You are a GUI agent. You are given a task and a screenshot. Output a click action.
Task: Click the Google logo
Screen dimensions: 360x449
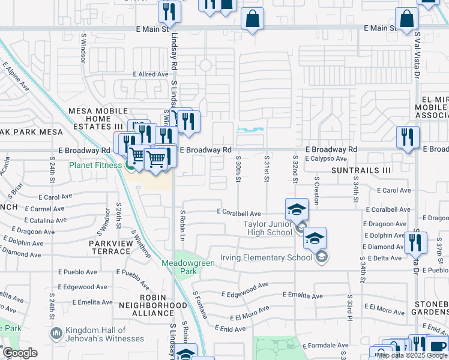20,353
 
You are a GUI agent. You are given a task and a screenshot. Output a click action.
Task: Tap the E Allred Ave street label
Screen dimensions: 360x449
151,74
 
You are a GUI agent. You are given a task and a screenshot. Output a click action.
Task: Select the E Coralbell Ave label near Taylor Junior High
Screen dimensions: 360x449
238,213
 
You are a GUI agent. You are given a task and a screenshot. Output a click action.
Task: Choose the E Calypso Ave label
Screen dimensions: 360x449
325,159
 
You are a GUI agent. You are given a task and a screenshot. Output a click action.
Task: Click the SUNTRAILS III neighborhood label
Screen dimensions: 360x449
361,170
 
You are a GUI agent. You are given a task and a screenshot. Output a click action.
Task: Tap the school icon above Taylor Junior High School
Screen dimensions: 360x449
297,209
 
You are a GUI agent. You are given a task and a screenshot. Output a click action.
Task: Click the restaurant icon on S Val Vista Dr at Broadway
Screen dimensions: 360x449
408,137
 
